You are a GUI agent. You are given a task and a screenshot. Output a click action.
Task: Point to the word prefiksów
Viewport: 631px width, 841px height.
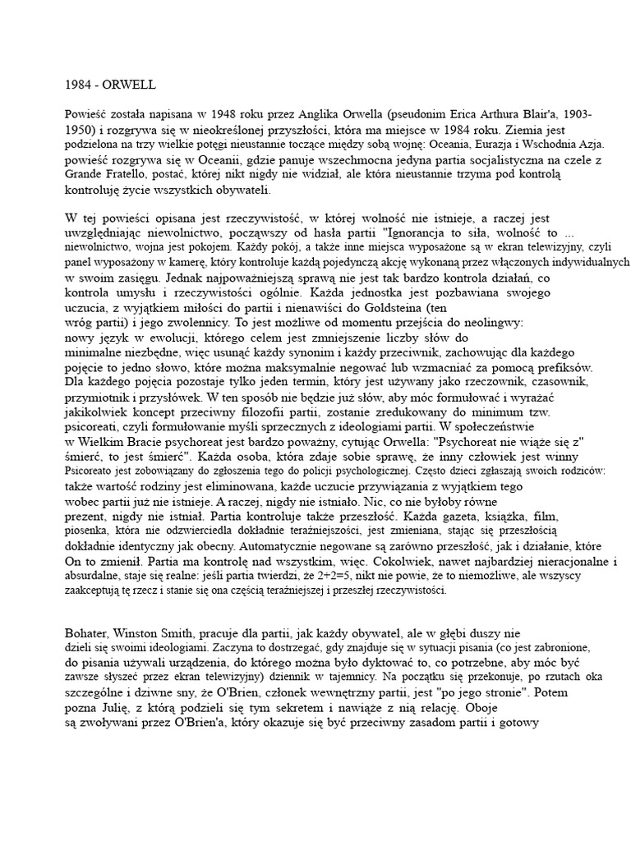point(563,367)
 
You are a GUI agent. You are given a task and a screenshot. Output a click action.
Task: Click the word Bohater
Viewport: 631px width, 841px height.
point(88,633)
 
